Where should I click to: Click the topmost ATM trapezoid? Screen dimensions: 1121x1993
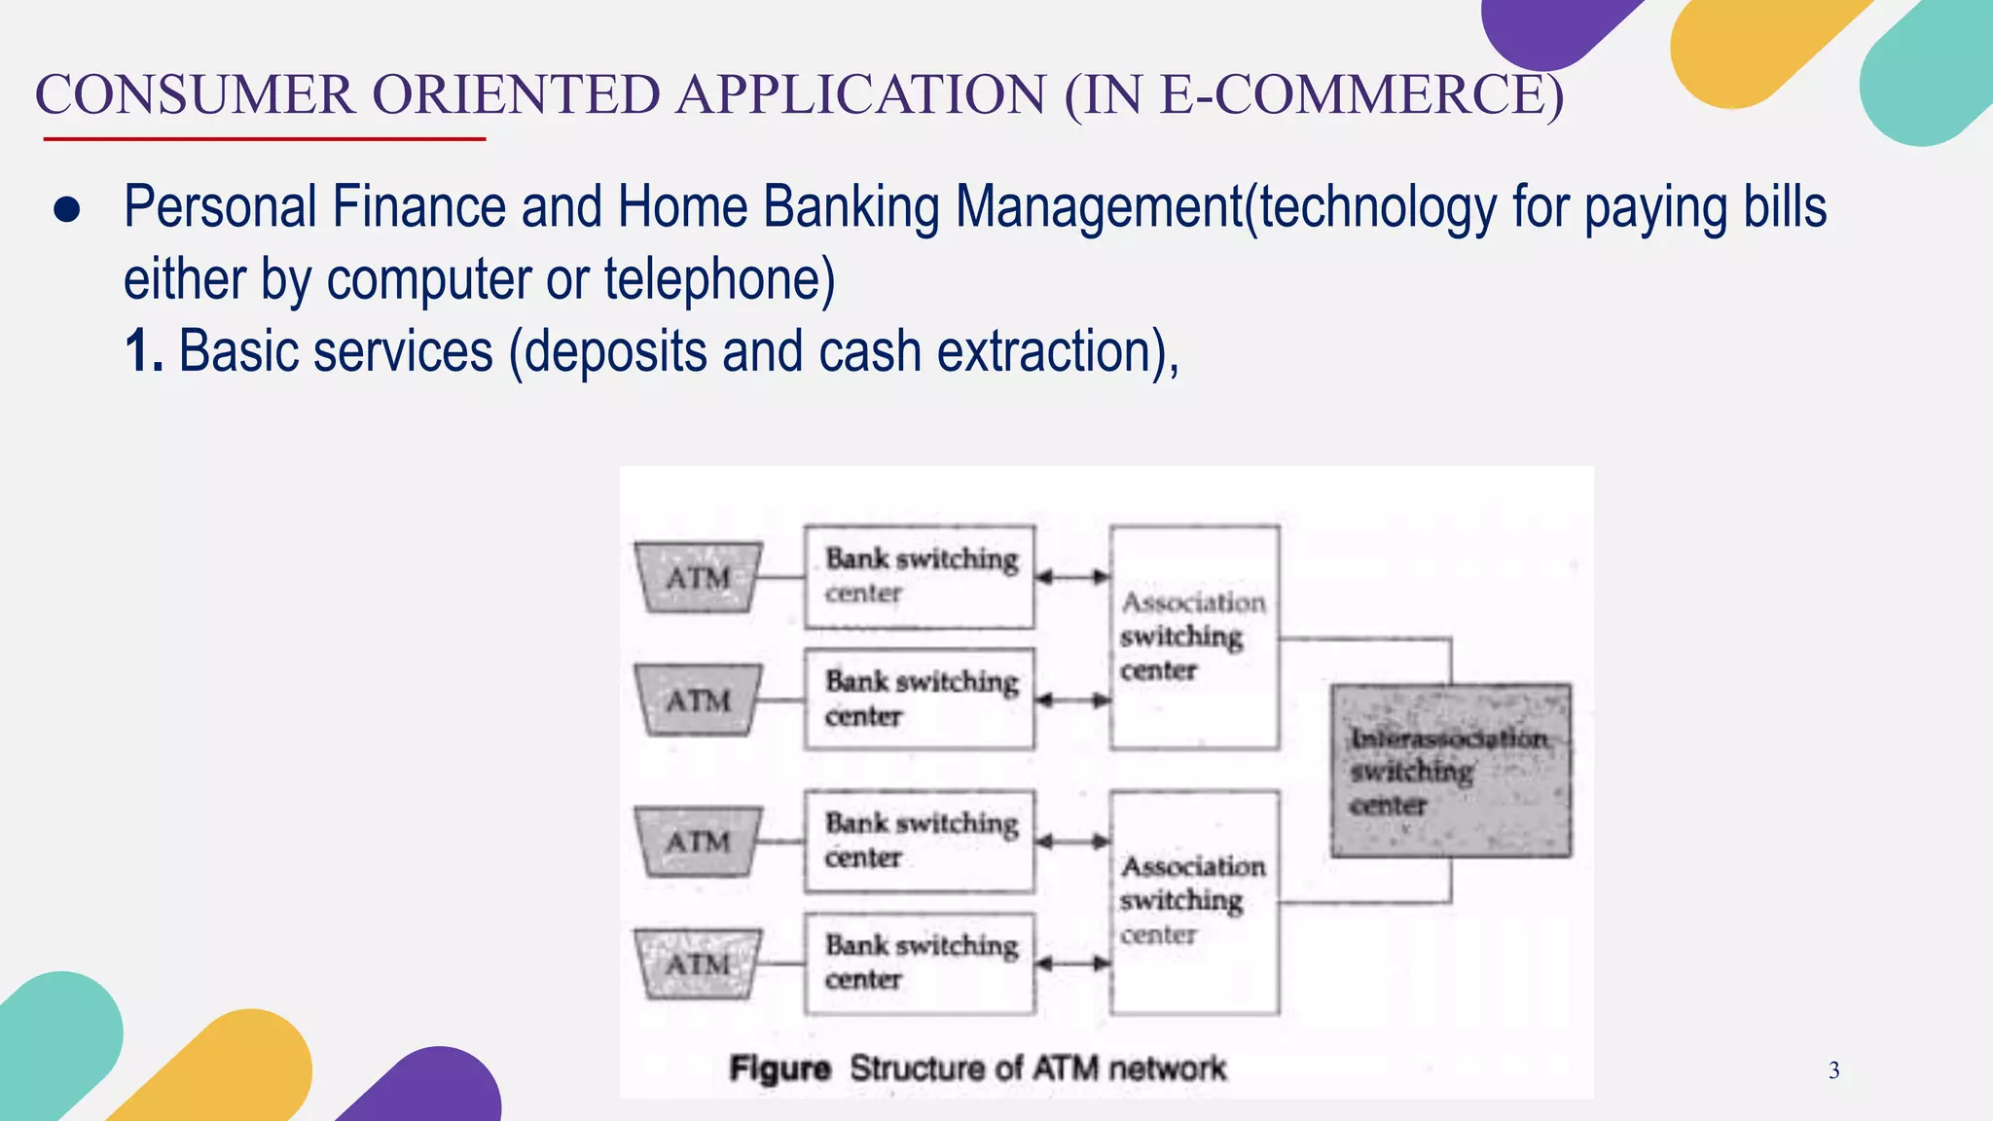[x=697, y=577]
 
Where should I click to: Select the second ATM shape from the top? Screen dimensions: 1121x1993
[x=697, y=700]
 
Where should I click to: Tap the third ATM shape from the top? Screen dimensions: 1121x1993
[x=697, y=841]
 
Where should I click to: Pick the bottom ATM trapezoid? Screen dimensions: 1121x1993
[x=697, y=963]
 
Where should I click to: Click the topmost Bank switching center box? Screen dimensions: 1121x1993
[x=919, y=577]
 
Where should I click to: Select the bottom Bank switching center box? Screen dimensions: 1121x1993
[x=919, y=963]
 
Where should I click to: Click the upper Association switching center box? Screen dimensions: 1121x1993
[x=1194, y=637]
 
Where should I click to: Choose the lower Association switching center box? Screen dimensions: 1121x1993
[x=1194, y=902]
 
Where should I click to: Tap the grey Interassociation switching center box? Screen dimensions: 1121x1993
[x=1450, y=771]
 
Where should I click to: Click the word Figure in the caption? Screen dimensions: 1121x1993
[x=779, y=1068]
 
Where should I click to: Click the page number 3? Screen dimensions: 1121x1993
[x=1833, y=1070]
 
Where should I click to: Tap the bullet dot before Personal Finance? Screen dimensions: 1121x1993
[x=67, y=210]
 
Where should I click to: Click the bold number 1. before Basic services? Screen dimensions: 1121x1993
[x=143, y=351]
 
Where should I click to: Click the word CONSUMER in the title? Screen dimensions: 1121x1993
[x=195, y=95]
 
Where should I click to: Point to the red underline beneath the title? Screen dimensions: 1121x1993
[x=264, y=139]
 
